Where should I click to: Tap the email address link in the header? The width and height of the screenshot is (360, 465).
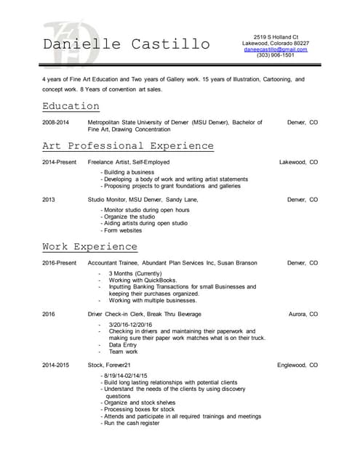pyautogui.click(x=276, y=49)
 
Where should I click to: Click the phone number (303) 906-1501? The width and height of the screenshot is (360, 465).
pyautogui.click(x=276, y=55)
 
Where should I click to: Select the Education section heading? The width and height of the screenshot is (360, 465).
pyautogui.click(x=71, y=106)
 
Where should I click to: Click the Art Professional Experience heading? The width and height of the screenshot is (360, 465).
pyautogui.click(x=128, y=146)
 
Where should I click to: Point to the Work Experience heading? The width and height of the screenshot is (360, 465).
pyautogui.click(x=89, y=247)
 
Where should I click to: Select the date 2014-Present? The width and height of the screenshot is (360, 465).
pyautogui.click(x=59, y=162)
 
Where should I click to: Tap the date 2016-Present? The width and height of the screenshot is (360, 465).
pyautogui.click(x=59, y=263)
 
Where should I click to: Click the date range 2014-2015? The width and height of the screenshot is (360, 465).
pyautogui.click(x=55, y=364)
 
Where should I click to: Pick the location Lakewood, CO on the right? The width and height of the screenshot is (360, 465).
pyautogui.click(x=298, y=162)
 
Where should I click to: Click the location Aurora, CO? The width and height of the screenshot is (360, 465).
pyautogui.click(x=303, y=314)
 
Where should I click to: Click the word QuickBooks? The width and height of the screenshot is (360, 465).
pyautogui.click(x=161, y=280)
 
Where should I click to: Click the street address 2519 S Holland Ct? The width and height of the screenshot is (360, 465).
pyautogui.click(x=276, y=36)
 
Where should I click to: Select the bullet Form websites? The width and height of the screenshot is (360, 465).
pyautogui.click(x=123, y=230)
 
